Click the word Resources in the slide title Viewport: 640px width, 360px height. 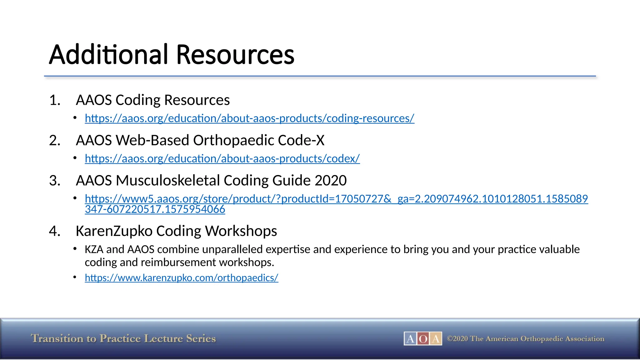coord(235,55)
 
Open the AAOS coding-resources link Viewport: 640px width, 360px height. coord(249,118)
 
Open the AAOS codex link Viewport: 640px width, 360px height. coord(222,159)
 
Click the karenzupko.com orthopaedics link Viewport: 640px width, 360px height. coord(181,278)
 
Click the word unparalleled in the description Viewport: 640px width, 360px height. coord(232,249)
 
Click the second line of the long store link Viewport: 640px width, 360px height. coord(155,209)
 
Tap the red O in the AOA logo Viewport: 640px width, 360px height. coord(423,339)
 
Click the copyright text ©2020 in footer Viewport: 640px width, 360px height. coord(457,339)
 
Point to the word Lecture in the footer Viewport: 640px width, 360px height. coord(163,339)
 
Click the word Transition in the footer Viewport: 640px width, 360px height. coord(57,339)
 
